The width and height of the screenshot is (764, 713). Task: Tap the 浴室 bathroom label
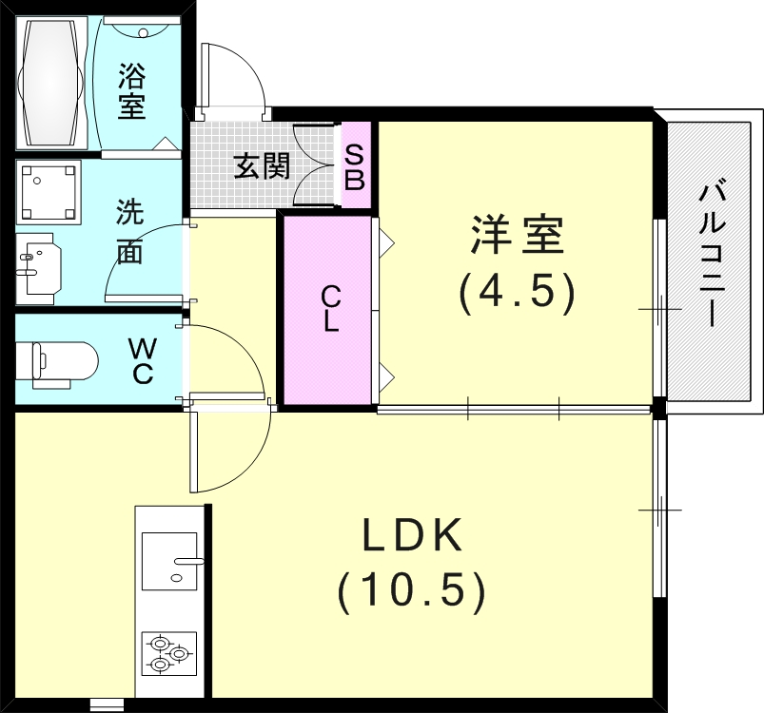131,92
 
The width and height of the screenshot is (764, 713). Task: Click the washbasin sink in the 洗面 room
38,268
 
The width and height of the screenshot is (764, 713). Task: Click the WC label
142,361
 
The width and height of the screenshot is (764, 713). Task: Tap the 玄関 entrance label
262,166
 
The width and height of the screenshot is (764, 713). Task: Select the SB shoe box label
354,168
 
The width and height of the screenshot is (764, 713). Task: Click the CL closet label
330,309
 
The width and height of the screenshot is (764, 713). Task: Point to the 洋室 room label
517,235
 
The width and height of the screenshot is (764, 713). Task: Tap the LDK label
412,535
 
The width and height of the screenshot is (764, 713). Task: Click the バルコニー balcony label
713,255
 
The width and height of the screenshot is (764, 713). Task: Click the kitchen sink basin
169,561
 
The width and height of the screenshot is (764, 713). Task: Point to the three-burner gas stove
169,653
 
